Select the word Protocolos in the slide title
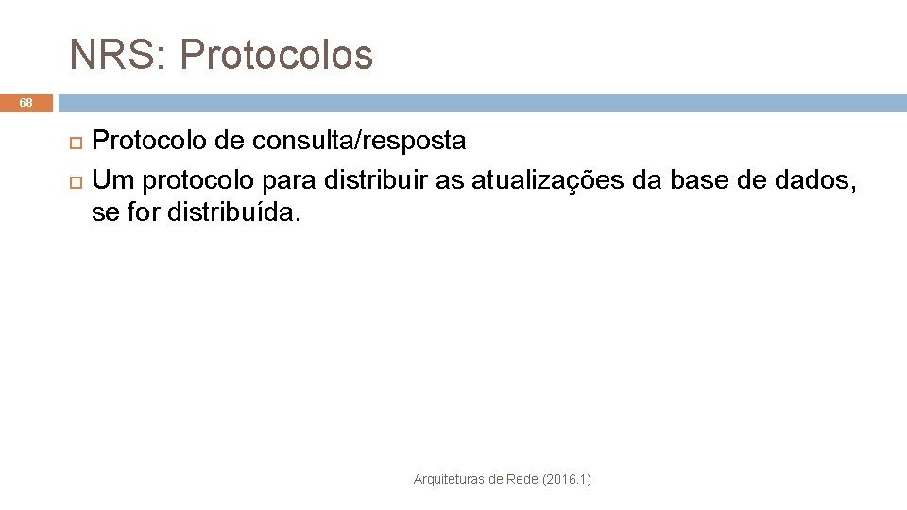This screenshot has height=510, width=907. tap(276, 55)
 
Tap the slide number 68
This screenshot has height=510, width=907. tap(26, 102)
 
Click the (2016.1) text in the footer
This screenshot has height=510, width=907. tap(568, 480)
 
